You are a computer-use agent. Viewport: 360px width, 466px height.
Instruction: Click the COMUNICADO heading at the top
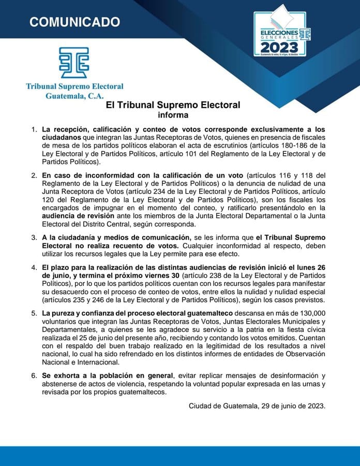[x=74, y=22]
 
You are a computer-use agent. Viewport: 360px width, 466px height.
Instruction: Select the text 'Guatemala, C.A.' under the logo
[x=74, y=95]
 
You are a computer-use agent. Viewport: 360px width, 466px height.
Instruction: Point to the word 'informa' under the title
[x=173, y=115]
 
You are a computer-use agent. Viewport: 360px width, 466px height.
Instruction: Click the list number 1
[x=34, y=128]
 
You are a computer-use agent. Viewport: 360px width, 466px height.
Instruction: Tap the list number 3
[x=34, y=237]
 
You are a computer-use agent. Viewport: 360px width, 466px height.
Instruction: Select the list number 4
[x=34, y=268]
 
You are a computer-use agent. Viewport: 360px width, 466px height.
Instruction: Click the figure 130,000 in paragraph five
[x=307, y=314]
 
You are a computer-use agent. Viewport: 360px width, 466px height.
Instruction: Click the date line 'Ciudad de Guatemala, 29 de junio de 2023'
[x=257, y=405]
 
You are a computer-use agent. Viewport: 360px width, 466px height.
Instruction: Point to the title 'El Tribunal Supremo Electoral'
[x=173, y=105]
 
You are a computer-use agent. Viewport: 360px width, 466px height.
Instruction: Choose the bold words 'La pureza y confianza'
[x=80, y=314]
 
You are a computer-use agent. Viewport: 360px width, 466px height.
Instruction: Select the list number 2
[x=34, y=175]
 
